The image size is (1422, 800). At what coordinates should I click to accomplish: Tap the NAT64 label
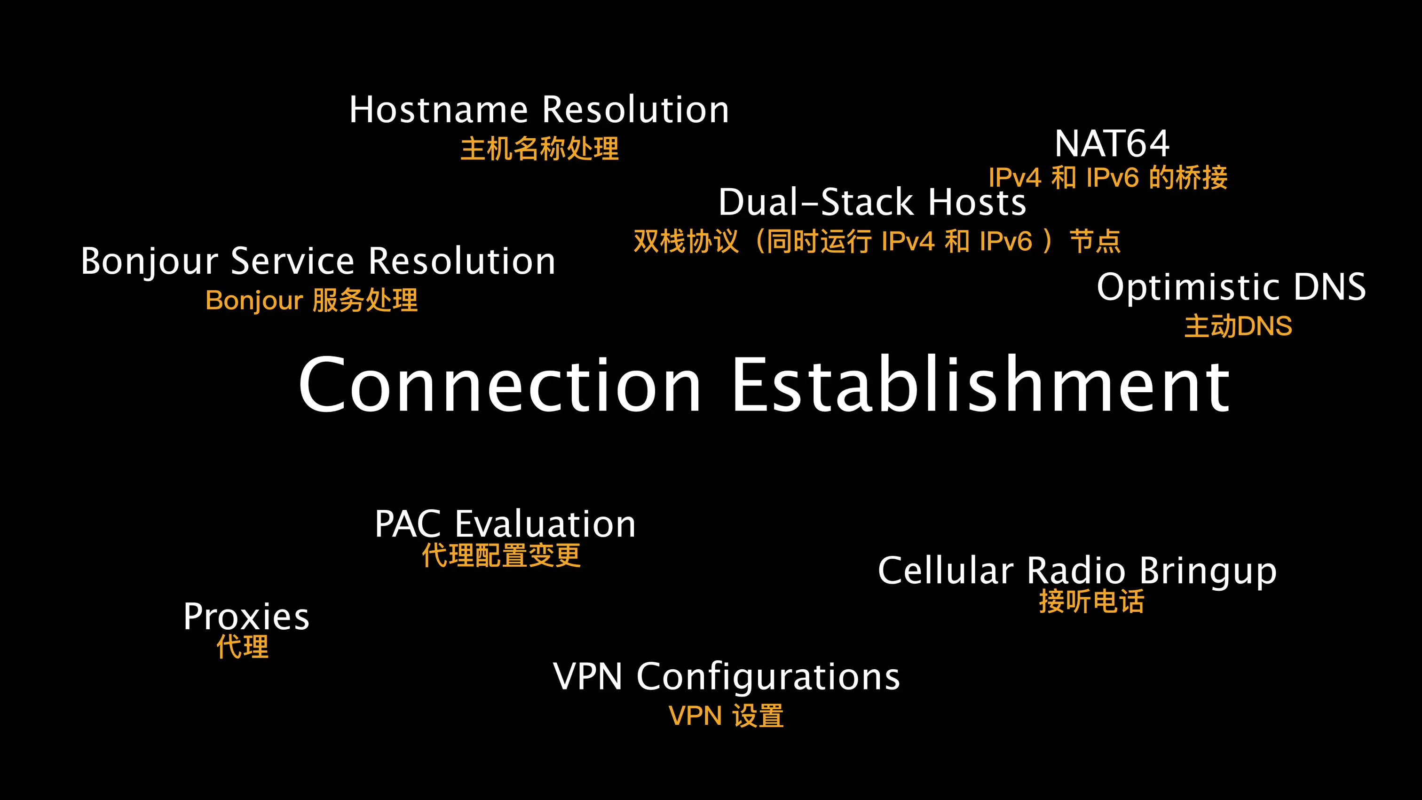[x=1112, y=143]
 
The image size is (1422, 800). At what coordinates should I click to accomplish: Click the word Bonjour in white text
[x=149, y=261]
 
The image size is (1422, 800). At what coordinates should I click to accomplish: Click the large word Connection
[x=499, y=384]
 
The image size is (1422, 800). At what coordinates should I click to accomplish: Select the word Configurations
[x=768, y=677]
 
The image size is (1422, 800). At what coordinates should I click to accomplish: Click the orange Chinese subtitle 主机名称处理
[x=539, y=149]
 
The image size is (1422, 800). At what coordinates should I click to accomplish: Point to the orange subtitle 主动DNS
[x=1238, y=326]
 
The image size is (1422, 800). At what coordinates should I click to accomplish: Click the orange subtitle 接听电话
[x=1091, y=601]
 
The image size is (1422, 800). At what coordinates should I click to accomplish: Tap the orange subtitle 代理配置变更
[x=501, y=555]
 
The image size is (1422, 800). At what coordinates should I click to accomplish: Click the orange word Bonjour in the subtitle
[x=254, y=301]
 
